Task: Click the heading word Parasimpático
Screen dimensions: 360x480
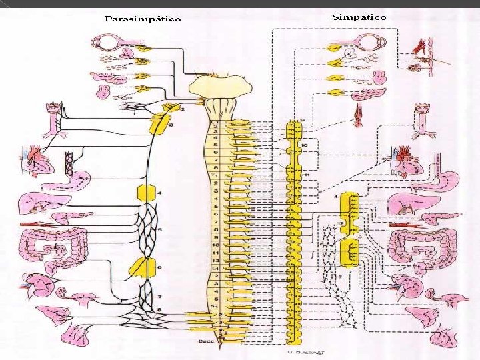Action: coord(143,19)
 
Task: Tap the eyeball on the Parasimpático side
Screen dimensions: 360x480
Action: coord(107,43)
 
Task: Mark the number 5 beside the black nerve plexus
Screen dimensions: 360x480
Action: coord(159,230)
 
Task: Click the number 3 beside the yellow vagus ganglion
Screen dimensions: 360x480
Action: coord(171,125)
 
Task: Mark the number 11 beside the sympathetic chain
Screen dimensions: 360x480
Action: coord(307,175)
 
